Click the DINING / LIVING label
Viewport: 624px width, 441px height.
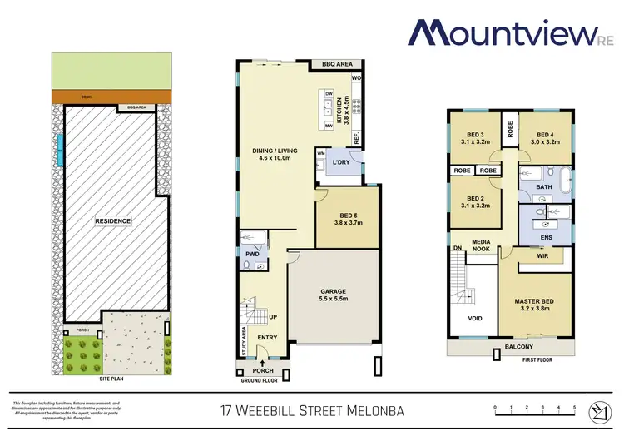pos(275,155)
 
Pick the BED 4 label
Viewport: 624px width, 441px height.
pos(545,138)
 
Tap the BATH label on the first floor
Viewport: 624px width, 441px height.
pos(544,188)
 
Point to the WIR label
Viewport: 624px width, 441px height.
pos(542,256)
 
